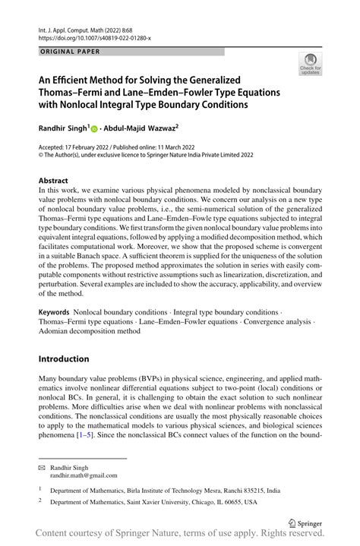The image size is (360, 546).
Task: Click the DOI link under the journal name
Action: click(x=94, y=37)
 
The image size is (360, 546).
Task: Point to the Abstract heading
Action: click(x=58, y=180)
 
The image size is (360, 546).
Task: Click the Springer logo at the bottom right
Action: click(x=308, y=522)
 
